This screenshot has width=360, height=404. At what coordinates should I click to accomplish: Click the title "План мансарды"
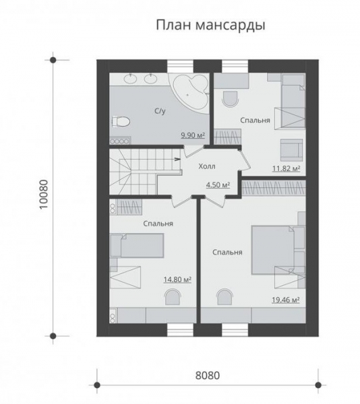[x=210, y=26]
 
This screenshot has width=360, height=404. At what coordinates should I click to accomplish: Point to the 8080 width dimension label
[x=208, y=376]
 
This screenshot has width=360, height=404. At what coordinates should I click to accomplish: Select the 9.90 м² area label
[x=193, y=135]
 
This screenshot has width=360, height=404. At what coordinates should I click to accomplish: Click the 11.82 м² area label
[x=287, y=168]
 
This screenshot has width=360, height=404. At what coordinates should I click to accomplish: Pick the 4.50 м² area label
[x=218, y=184]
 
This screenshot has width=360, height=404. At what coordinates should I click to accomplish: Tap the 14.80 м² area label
[x=177, y=279]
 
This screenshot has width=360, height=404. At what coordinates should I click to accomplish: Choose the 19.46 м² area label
[x=286, y=300]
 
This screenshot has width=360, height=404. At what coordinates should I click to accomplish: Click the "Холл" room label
[x=207, y=166]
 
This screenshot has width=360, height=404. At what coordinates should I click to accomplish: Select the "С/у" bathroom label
[x=160, y=111]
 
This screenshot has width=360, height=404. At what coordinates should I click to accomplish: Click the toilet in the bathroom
[x=121, y=121]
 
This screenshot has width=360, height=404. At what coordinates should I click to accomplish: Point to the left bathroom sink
[x=131, y=78]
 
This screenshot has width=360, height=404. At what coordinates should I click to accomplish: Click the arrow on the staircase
[x=177, y=159]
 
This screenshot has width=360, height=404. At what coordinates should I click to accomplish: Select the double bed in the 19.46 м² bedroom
[x=273, y=250]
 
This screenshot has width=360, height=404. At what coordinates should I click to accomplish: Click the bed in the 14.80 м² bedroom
[x=137, y=246]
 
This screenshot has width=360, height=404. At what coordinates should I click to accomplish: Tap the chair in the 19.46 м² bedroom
[x=225, y=297]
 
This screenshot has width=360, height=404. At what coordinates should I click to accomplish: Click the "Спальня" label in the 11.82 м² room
[x=255, y=121]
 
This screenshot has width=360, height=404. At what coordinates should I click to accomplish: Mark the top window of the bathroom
[x=180, y=66]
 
